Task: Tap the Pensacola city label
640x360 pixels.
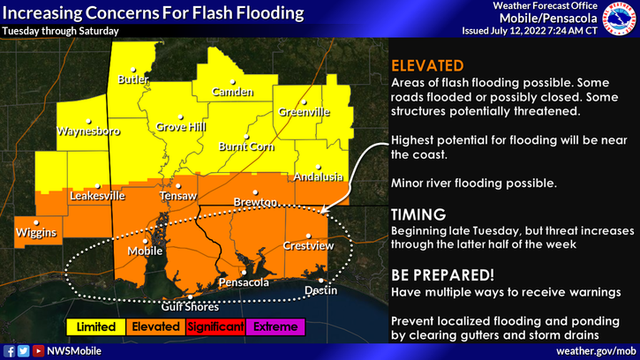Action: (244, 282)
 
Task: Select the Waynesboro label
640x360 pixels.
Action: (87, 131)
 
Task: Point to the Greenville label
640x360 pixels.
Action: (305, 112)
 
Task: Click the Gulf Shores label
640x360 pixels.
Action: (189, 307)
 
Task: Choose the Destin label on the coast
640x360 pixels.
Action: (320, 289)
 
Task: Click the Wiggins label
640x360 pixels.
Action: (36, 232)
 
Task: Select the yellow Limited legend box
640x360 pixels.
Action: (96, 326)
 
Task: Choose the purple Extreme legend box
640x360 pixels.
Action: (275, 326)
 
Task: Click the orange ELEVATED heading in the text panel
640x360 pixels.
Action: (427, 65)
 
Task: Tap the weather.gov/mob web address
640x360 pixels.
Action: (595, 350)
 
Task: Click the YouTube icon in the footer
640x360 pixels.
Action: (37, 350)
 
